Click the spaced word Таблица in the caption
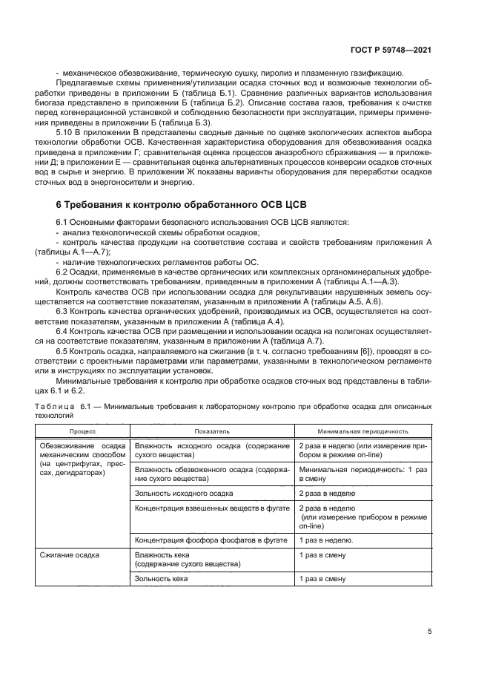(54, 407)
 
